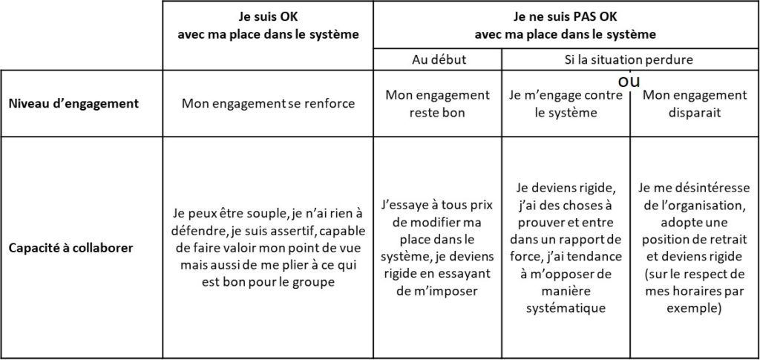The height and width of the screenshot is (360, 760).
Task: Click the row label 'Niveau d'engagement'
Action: tap(73, 104)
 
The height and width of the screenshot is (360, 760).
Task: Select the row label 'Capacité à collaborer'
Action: tap(71, 248)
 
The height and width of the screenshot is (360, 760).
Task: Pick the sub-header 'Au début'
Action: tap(439, 60)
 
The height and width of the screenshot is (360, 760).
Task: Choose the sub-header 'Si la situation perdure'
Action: tap(630, 60)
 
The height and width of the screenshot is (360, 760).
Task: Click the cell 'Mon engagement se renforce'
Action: tap(268, 104)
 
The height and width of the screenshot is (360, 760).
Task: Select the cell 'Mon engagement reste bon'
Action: tap(437, 103)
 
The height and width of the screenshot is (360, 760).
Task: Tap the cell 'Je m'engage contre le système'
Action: tap(566, 103)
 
